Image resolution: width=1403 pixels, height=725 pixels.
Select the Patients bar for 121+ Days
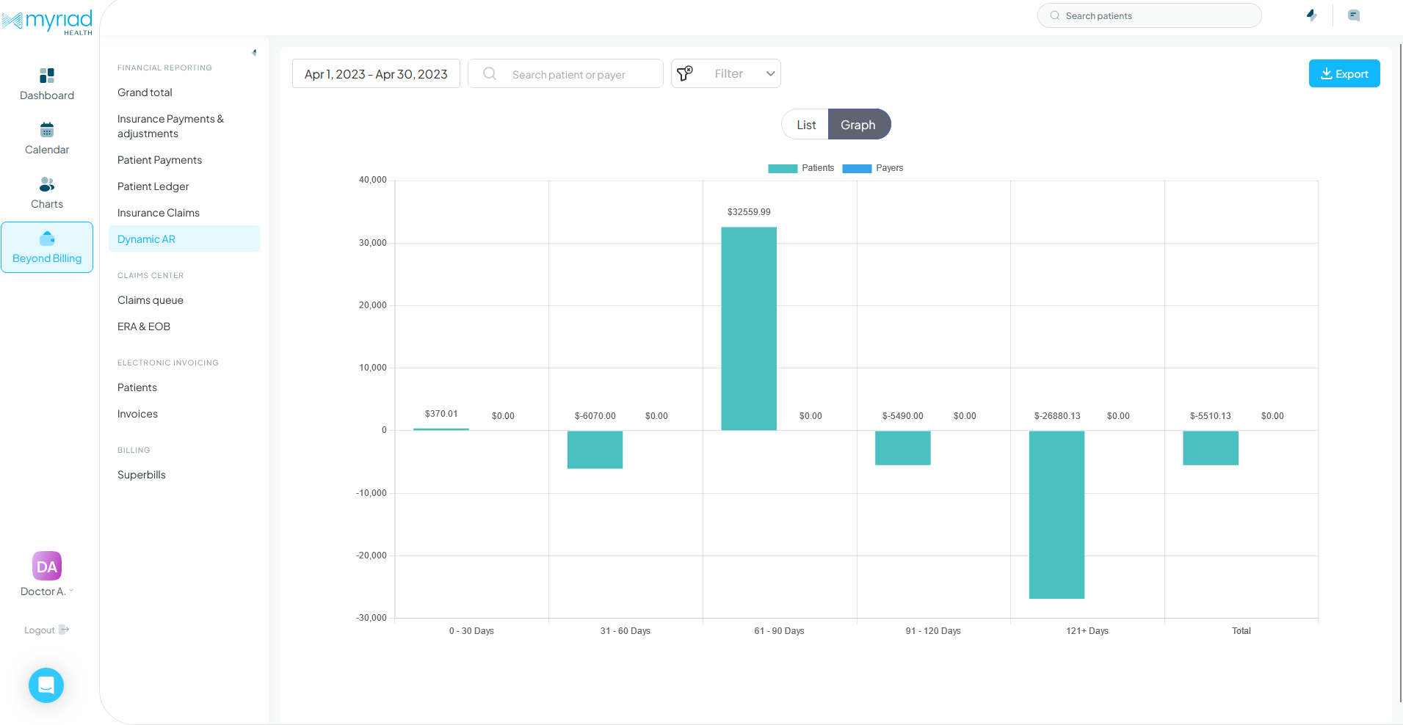click(1056, 514)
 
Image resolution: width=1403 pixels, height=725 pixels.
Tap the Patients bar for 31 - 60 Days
click(595, 449)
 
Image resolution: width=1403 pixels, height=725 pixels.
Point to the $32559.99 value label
click(749, 212)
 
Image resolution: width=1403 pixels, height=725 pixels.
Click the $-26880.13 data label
click(1057, 416)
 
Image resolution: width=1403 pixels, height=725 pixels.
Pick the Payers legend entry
click(873, 168)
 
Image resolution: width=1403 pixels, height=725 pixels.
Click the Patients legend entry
click(801, 168)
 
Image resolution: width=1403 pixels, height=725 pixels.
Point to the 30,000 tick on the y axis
click(372, 243)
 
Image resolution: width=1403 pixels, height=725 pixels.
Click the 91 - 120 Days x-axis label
click(932, 631)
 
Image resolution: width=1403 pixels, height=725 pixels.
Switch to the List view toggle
click(805, 125)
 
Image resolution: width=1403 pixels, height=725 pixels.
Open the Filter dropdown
click(726, 73)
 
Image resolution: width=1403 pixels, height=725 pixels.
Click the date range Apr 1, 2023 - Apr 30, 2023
click(376, 74)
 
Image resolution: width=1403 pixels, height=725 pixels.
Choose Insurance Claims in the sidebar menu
click(159, 213)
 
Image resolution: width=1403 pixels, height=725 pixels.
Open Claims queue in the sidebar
click(151, 300)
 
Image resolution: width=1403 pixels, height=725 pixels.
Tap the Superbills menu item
click(142, 475)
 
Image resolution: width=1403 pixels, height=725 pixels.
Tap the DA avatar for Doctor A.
click(47, 566)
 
